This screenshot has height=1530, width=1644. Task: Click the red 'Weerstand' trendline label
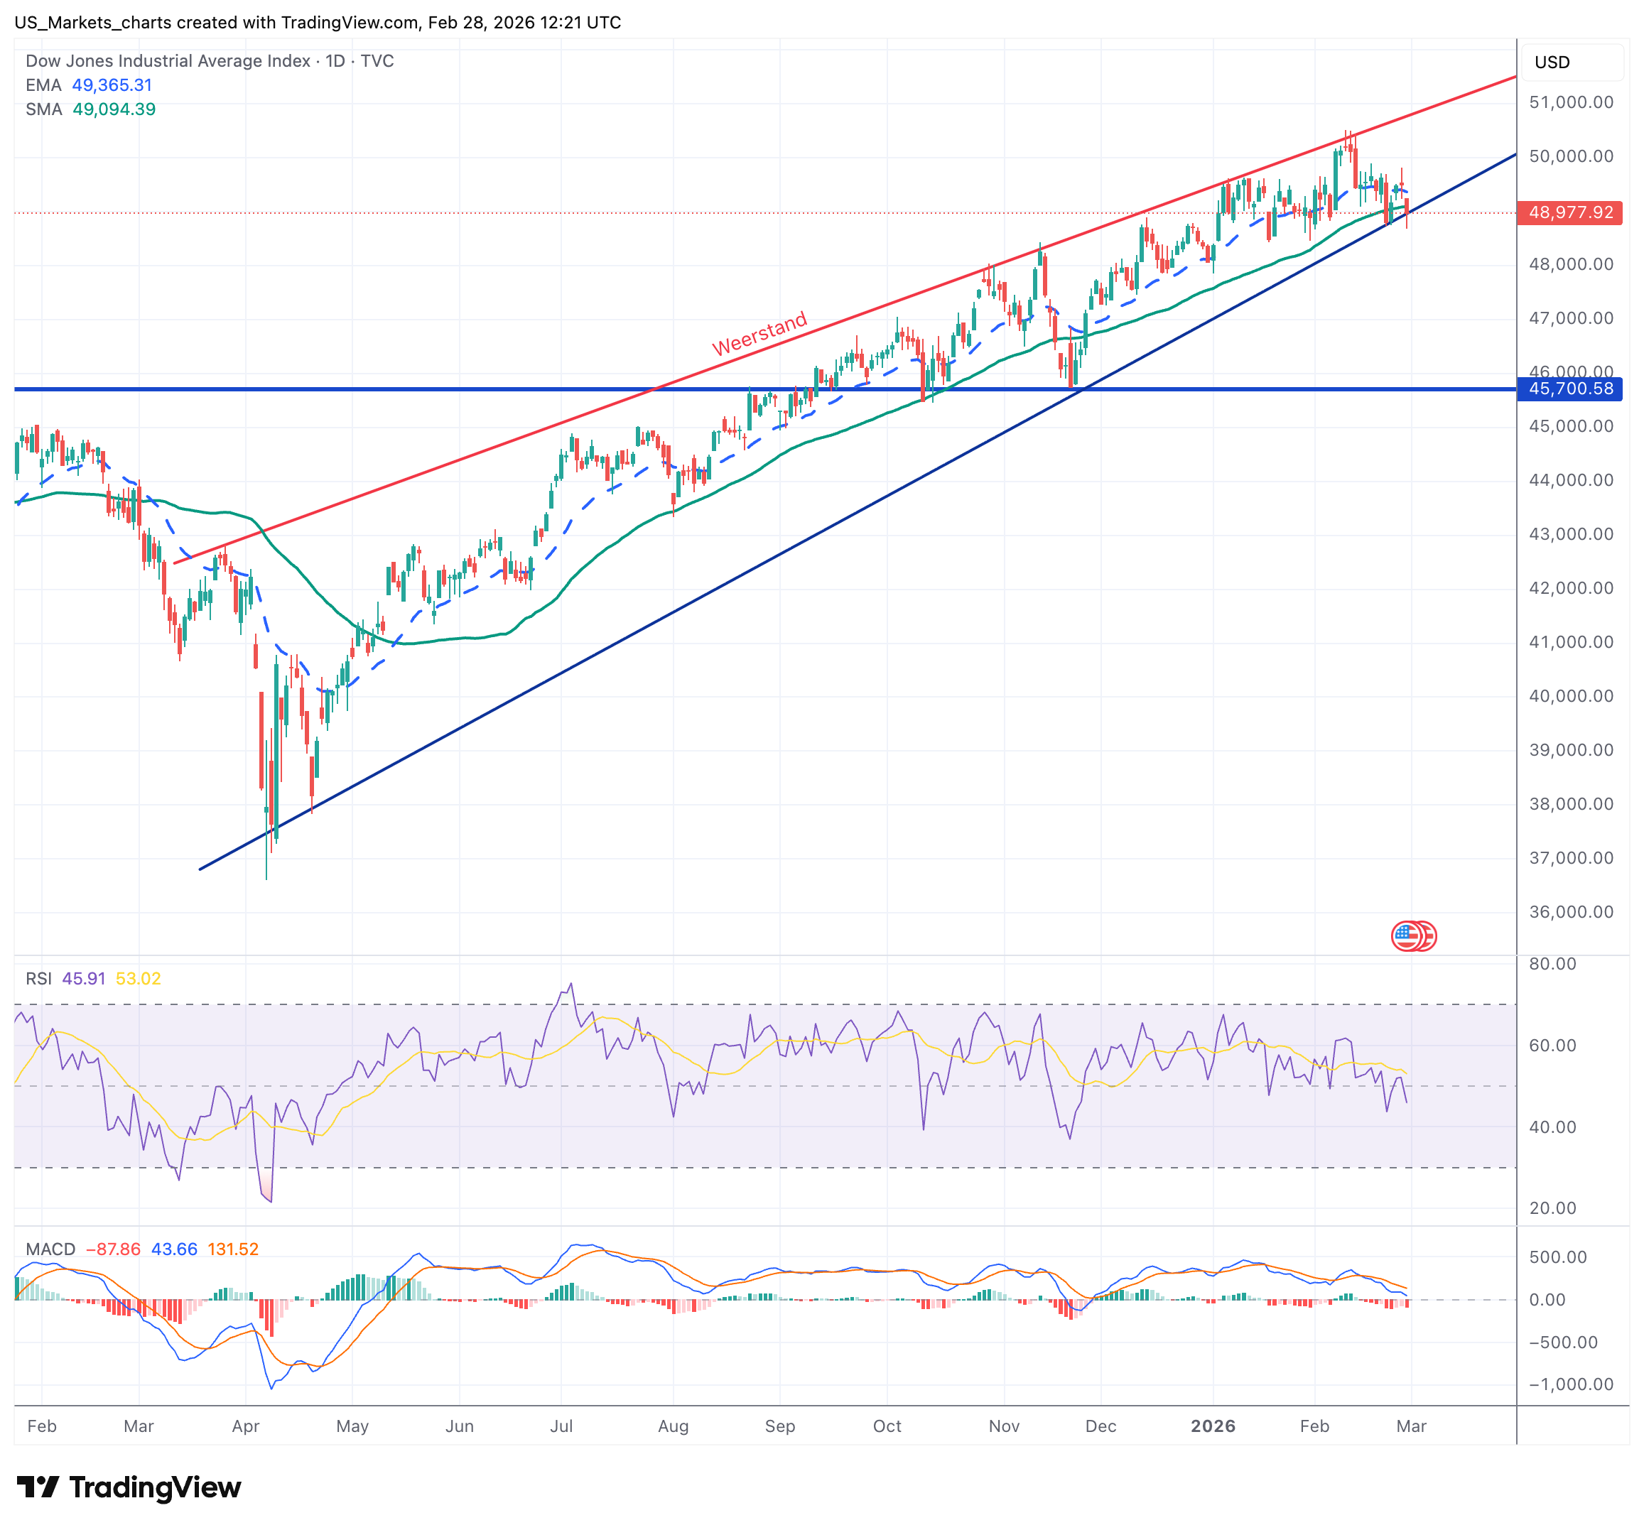(x=759, y=334)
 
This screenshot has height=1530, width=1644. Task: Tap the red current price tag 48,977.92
(x=1569, y=212)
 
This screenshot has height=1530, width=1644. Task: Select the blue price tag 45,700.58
(x=1569, y=389)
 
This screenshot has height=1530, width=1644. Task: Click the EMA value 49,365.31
(x=112, y=85)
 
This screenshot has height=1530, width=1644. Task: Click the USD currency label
(x=1552, y=62)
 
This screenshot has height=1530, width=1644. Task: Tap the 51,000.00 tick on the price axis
(x=1570, y=102)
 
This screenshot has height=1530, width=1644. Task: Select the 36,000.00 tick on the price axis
(x=1570, y=912)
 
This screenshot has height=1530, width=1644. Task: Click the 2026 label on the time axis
(x=1212, y=1426)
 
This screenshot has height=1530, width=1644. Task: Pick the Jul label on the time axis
(x=561, y=1426)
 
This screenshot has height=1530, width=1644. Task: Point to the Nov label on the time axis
(x=1004, y=1426)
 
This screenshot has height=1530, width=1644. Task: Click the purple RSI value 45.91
(x=84, y=979)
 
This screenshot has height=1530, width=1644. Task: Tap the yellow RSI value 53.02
(x=138, y=979)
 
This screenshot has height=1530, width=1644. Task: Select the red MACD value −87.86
(x=113, y=1249)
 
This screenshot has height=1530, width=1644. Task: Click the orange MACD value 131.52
(x=232, y=1249)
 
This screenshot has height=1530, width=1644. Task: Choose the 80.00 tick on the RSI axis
(x=1552, y=964)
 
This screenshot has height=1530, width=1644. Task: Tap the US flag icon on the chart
(x=1412, y=935)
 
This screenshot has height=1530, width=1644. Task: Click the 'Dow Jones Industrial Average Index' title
(x=168, y=61)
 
